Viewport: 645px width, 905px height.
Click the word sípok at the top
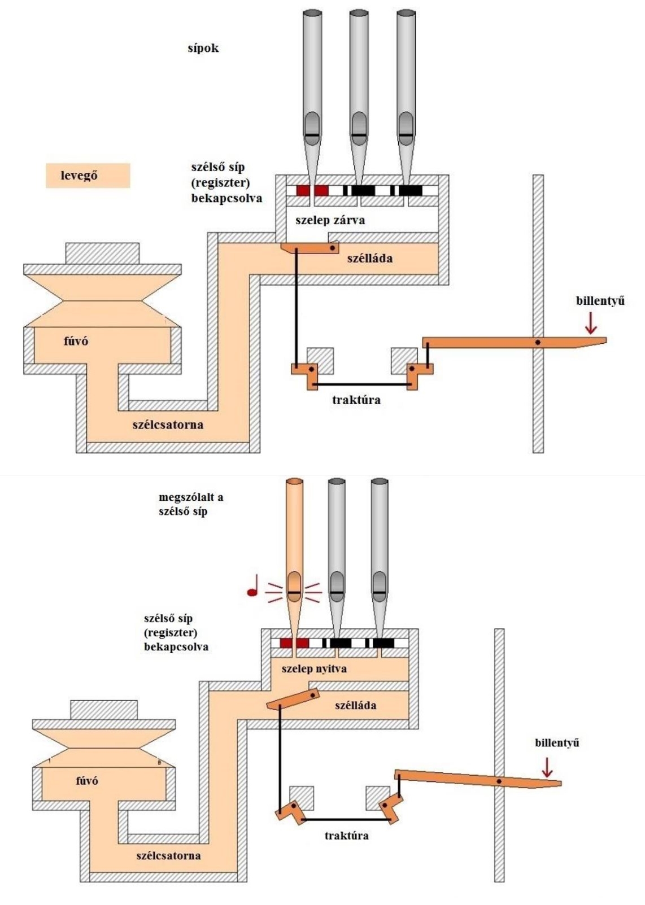point(203,48)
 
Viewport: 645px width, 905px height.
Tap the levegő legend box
point(88,176)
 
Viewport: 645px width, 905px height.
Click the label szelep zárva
point(330,220)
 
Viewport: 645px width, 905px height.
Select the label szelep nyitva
point(313,669)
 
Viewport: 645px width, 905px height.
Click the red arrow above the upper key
point(591,322)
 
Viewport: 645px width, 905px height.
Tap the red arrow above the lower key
point(546,767)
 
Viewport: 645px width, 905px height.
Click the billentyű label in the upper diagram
point(600,301)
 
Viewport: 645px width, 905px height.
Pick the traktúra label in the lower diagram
point(346,836)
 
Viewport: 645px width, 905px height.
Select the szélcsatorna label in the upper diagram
point(168,425)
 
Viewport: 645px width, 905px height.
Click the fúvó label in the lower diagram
point(87,781)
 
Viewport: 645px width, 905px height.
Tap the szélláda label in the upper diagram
point(370,259)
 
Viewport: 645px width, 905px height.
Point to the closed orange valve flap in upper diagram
point(310,247)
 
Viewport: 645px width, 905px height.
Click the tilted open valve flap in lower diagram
point(293,699)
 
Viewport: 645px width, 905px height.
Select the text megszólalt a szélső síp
point(191,504)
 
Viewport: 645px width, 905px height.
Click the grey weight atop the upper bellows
point(102,253)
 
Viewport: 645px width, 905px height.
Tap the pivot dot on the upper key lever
point(538,342)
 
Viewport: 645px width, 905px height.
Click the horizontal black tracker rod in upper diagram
point(361,386)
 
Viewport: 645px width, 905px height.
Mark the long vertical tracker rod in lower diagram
point(280,757)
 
